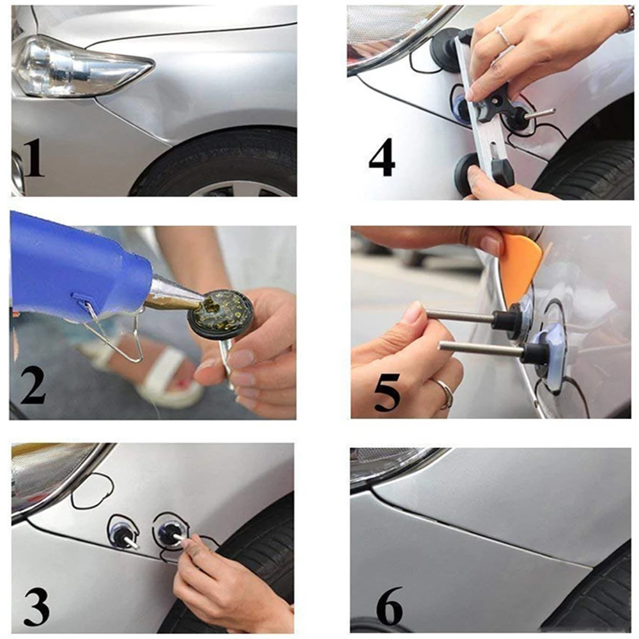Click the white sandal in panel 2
[160, 377]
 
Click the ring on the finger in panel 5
[443, 392]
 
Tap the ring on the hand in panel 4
[504, 36]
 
